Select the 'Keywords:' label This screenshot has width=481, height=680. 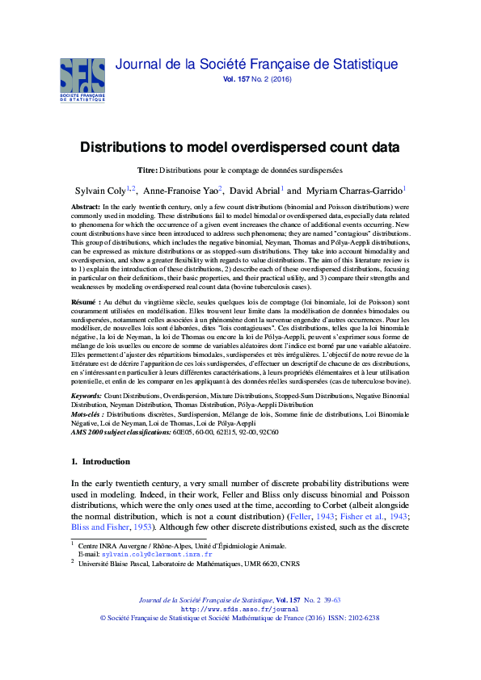pyautogui.click(x=86, y=396)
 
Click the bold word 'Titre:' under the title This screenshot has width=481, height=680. pyautogui.click(x=147, y=170)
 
